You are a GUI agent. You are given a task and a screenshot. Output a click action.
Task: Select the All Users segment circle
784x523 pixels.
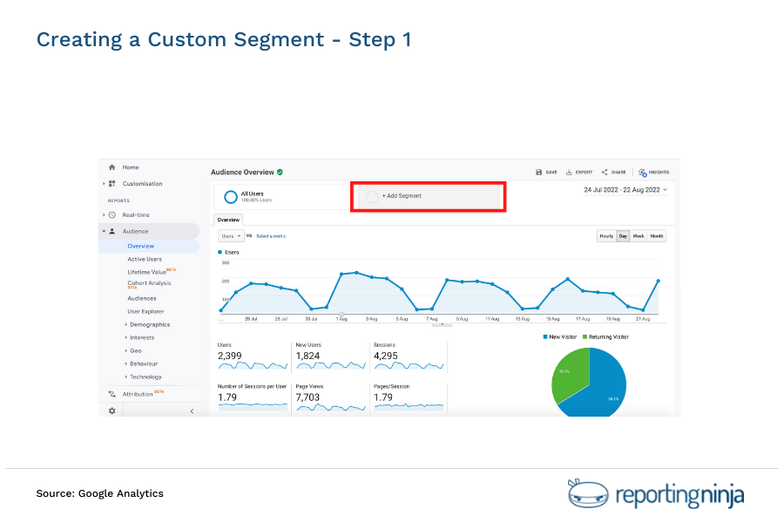[231, 196]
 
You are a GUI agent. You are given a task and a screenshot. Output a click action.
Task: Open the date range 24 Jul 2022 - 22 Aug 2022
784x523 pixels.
[625, 189]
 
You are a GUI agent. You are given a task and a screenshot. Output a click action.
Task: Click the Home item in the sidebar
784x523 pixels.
[130, 167]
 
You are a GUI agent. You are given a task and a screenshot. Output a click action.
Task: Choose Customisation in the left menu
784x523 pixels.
[142, 184]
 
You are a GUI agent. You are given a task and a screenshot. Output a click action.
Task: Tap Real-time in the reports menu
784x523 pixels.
[135, 214]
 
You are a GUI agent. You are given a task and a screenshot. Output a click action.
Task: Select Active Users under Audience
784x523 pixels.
[145, 259]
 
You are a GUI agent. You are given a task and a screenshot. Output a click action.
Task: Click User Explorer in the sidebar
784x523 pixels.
[145, 311]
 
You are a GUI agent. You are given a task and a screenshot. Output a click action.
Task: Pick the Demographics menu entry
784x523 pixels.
[149, 324]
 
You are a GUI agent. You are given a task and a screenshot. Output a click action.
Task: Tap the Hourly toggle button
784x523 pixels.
[605, 236]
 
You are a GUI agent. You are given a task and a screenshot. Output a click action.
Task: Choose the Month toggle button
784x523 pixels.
[656, 236]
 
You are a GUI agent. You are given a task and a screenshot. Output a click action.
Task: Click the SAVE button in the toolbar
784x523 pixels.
[546, 173]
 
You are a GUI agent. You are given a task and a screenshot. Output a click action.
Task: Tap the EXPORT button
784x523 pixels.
[579, 173]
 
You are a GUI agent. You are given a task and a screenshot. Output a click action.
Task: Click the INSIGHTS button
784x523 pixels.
[653, 173]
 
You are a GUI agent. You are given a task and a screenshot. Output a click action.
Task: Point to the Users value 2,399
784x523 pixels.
[230, 356]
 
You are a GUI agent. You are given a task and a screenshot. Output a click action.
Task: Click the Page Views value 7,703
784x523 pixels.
[309, 397]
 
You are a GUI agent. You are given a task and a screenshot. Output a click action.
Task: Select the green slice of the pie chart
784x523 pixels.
[567, 372]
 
